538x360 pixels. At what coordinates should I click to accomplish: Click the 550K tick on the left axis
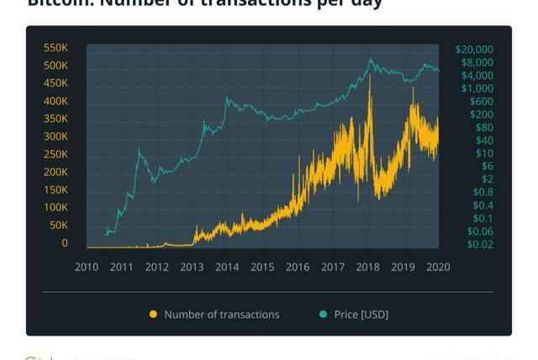[55, 48]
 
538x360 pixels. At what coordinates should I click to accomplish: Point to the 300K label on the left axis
[55, 136]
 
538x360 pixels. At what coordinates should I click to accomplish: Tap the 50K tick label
[59, 225]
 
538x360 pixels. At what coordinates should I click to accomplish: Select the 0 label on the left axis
[64, 243]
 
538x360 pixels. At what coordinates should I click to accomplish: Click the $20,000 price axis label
[474, 50]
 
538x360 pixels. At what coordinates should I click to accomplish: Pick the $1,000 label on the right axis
[477, 88]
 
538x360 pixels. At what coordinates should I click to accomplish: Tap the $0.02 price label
[480, 245]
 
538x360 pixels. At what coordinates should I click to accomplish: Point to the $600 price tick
[482, 102]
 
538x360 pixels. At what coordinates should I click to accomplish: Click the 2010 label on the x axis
[87, 267]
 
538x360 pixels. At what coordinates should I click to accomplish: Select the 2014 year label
[227, 267]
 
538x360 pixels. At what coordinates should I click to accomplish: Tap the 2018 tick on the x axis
[367, 267]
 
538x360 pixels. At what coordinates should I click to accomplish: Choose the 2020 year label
[438, 267]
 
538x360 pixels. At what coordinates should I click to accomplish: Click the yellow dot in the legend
[153, 315]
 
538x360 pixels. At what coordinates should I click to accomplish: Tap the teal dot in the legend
[324, 315]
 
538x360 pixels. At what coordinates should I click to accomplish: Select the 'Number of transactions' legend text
[222, 315]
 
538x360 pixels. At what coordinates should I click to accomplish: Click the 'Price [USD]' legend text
[361, 315]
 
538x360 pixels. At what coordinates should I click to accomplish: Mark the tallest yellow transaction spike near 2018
[370, 76]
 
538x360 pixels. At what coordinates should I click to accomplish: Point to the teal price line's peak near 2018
[370, 59]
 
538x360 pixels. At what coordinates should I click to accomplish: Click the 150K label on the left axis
[55, 190]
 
